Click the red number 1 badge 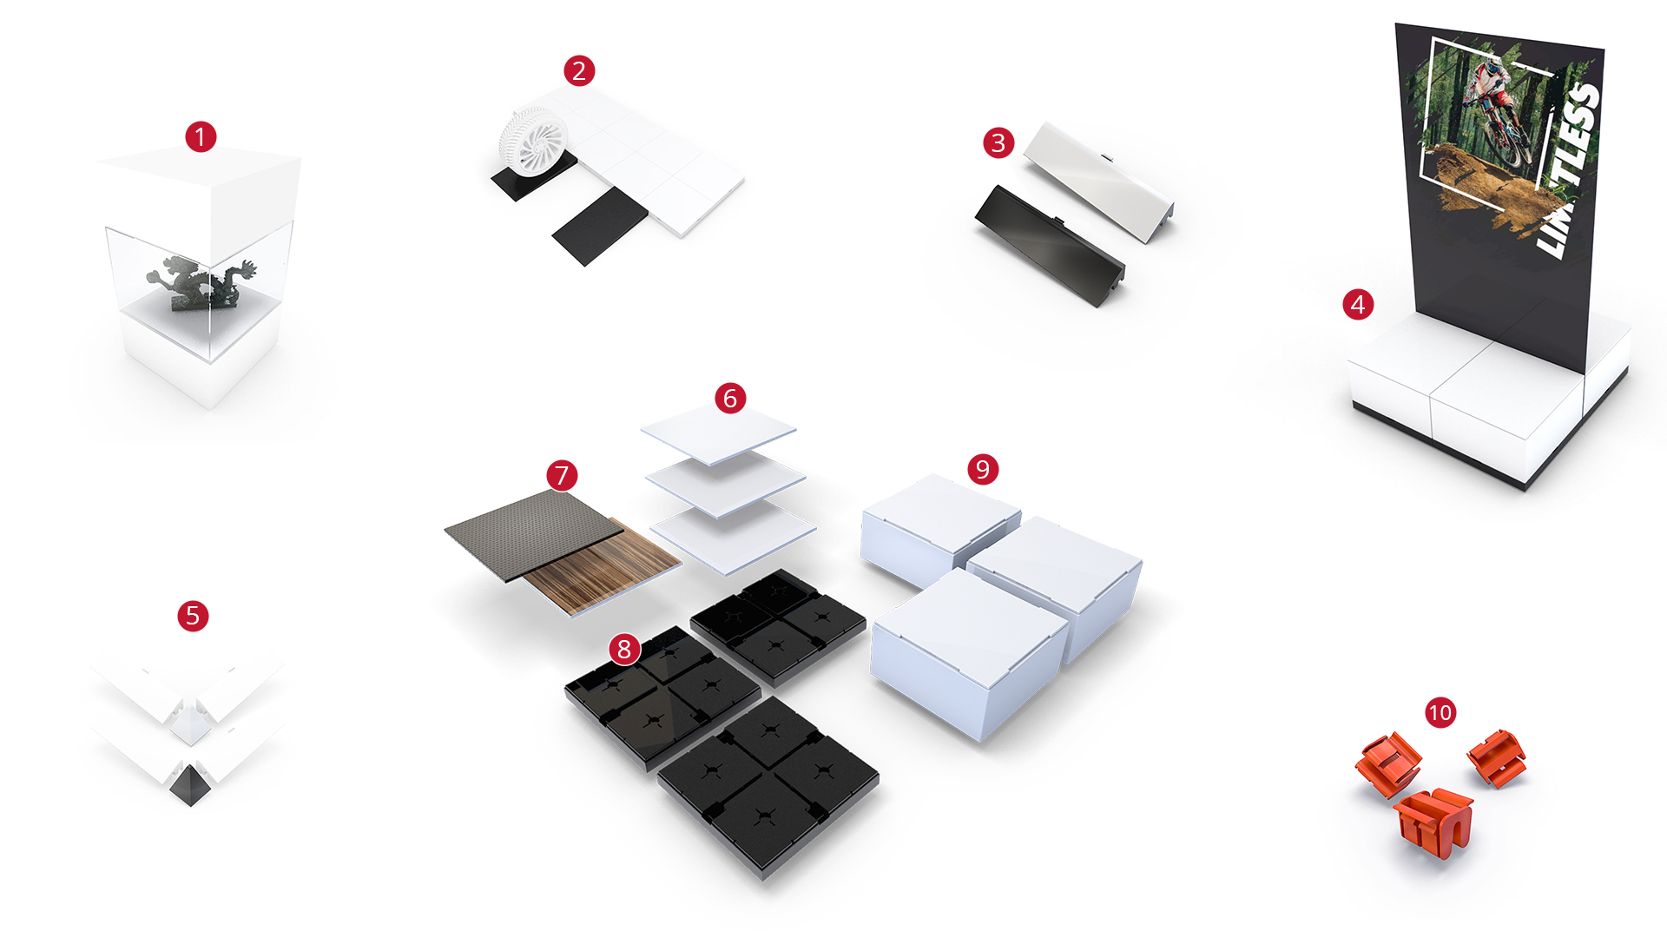[x=201, y=136]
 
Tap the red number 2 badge [x=579, y=70]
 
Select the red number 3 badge [x=998, y=142]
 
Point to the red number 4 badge [x=1358, y=304]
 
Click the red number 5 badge [x=193, y=616]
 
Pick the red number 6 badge [x=730, y=398]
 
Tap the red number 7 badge [x=562, y=475]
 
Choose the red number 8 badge [x=624, y=649]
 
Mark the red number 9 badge [x=983, y=469]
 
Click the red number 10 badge [x=1440, y=713]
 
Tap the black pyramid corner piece [x=189, y=786]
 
